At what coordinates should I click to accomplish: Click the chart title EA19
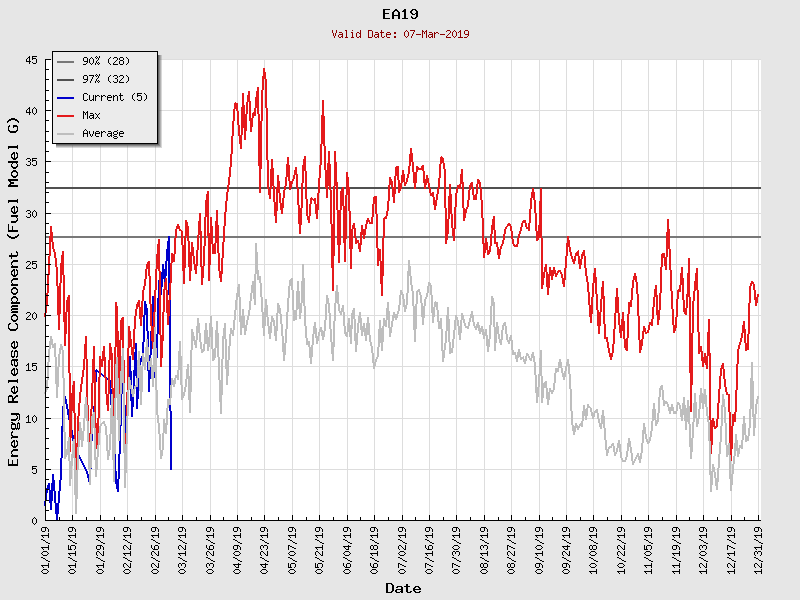(x=400, y=14)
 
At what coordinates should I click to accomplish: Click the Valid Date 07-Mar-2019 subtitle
(x=400, y=34)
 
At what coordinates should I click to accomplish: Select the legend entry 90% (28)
(x=105, y=61)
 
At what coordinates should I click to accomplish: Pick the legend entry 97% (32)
(x=105, y=79)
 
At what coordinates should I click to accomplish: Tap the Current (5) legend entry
(x=116, y=97)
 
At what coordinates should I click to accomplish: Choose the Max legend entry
(x=91, y=115)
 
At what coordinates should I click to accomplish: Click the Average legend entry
(x=103, y=133)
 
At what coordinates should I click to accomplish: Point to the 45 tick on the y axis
(x=31, y=61)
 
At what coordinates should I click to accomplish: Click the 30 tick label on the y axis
(x=31, y=214)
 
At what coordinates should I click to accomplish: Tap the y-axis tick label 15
(x=31, y=367)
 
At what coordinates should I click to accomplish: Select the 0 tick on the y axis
(x=34, y=521)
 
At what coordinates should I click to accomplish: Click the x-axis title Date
(x=403, y=589)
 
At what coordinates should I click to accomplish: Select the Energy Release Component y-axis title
(x=14, y=290)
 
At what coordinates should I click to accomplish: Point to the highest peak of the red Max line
(x=264, y=69)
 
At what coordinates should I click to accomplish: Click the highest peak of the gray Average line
(x=256, y=244)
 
